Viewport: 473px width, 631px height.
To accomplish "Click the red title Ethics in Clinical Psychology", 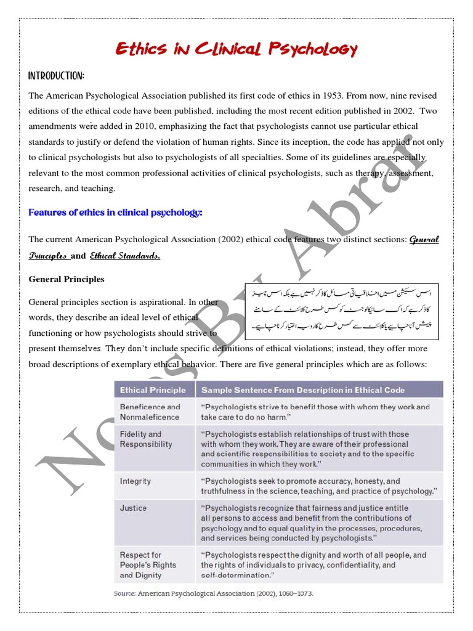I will coord(236,49).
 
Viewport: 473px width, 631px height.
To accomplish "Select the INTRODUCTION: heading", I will coord(56,76).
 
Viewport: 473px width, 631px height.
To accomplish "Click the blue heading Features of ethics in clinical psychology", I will coord(115,213).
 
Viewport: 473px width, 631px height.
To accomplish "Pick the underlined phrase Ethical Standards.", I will coord(125,256).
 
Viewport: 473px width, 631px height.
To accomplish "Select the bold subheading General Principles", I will coord(67,279).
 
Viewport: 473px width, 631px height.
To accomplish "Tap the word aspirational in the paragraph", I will coord(156,302).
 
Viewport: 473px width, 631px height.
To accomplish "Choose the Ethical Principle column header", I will coord(153,390).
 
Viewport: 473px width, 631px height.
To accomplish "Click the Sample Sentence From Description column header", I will coord(303,390).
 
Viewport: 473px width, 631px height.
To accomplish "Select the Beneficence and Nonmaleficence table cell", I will coord(150,412).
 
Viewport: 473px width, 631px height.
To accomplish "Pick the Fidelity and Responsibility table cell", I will coord(146,439).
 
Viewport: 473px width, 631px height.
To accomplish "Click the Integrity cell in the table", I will coord(135,481).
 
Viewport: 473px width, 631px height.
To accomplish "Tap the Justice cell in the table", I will coord(134,508).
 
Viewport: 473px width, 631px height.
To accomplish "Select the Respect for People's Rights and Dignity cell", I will coord(148,564).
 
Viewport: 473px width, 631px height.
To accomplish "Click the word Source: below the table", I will coord(125,593).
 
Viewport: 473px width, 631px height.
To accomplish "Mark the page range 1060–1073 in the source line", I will coord(293,593).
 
